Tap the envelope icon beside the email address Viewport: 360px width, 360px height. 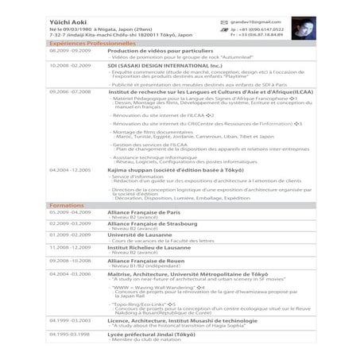tap(224, 17)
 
